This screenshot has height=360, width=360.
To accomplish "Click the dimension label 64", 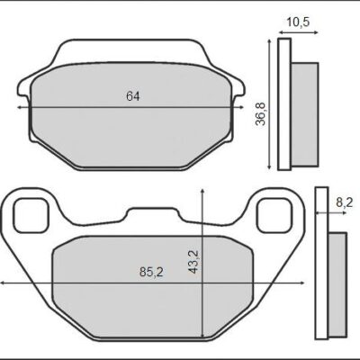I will pyautogui.click(x=132, y=95).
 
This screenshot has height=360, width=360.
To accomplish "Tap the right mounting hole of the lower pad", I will pyautogui.click(x=272, y=214).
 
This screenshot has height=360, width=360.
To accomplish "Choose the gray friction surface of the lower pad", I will pyautogui.click(x=153, y=297).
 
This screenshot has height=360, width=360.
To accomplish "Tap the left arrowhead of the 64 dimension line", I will pyautogui.click(x=21, y=106).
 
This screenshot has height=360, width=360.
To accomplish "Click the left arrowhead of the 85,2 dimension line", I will pyautogui.click(x=4, y=284).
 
